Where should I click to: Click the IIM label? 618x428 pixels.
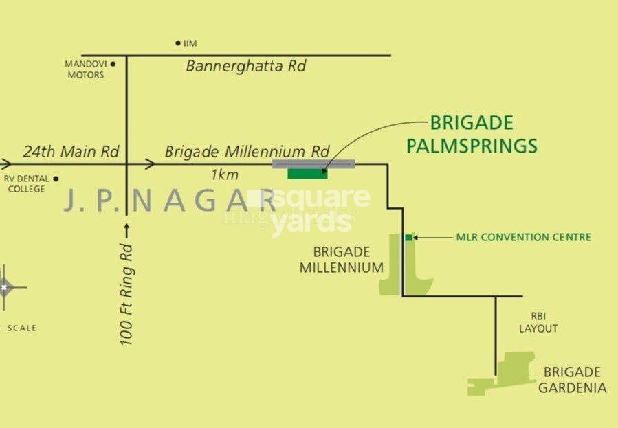pyautogui.click(x=190, y=43)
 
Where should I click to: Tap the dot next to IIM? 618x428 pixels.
pyautogui.click(x=178, y=43)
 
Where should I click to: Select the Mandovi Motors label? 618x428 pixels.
pyautogui.click(x=85, y=69)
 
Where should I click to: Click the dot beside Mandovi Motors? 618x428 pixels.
pyautogui.click(x=113, y=64)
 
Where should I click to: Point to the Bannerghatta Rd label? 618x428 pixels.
pyautogui.click(x=245, y=67)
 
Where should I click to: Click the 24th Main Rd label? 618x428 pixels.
pyautogui.click(x=71, y=151)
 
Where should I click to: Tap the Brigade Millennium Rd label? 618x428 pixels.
pyautogui.click(x=247, y=151)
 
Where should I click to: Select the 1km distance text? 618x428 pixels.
pyautogui.click(x=225, y=175)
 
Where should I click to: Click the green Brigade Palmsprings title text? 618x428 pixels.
pyautogui.click(x=472, y=135)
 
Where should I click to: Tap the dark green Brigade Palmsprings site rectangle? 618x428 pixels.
pyautogui.click(x=307, y=173)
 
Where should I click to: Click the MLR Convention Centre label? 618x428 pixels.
pyautogui.click(x=523, y=238)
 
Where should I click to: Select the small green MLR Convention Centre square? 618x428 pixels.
pyautogui.click(x=408, y=238)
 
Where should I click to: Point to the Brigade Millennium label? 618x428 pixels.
pyautogui.click(x=342, y=260)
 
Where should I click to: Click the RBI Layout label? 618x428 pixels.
pyautogui.click(x=538, y=322)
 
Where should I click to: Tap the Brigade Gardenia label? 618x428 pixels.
pyautogui.click(x=572, y=380)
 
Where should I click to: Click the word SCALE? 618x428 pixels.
pyautogui.click(x=22, y=328)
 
